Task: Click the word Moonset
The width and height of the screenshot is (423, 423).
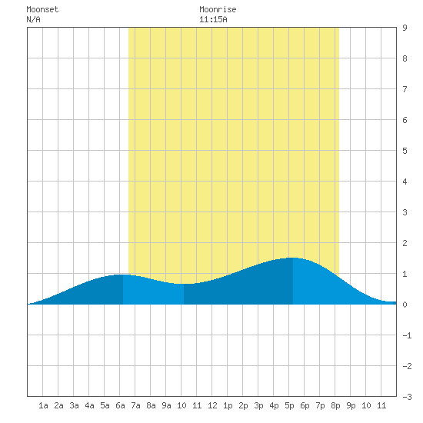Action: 42,9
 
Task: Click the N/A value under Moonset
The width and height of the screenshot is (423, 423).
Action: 33,19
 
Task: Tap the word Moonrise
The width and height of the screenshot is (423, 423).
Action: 218,9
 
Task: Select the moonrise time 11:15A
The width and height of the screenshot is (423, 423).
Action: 213,19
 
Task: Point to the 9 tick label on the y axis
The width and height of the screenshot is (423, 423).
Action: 405,28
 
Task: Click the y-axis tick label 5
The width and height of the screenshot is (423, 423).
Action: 405,151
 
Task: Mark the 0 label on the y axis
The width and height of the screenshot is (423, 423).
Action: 405,305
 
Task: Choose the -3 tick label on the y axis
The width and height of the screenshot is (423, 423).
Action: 407,397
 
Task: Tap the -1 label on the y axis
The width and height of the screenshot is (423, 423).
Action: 407,335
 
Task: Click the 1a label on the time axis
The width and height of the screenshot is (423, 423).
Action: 43,405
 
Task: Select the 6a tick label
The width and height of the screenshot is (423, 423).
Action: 120,405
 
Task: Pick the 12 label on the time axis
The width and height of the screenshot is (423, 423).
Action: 212,405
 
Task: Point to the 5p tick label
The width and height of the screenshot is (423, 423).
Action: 289,405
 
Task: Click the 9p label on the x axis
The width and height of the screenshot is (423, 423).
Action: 351,405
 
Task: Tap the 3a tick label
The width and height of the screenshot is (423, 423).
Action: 74,405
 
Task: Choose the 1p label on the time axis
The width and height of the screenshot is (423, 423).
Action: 228,405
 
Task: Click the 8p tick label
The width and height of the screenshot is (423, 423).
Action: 335,405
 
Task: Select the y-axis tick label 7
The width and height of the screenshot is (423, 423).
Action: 405,89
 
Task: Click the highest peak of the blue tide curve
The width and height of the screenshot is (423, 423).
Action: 293,258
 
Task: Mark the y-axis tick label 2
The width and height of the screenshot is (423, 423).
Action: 405,243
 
